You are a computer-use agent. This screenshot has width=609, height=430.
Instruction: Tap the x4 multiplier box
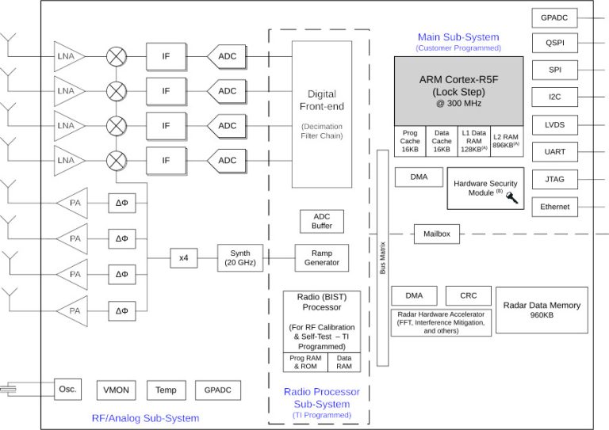[x=183, y=257]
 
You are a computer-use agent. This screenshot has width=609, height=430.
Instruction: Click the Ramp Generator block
[x=321, y=257]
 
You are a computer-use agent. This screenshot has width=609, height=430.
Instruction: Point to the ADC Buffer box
[x=321, y=221]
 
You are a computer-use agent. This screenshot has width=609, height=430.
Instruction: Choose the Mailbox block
[x=437, y=234]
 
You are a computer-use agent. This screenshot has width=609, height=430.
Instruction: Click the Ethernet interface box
[x=554, y=207]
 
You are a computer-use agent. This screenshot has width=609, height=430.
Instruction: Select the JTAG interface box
[x=554, y=179]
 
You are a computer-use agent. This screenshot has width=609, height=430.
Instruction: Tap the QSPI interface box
[x=554, y=43]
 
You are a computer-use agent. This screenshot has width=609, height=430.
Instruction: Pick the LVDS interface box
[x=554, y=124]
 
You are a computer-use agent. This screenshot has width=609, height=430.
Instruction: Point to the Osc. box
[x=67, y=389]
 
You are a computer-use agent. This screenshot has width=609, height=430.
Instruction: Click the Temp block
[x=166, y=390]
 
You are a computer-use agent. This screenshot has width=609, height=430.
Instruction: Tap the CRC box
[x=468, y=295]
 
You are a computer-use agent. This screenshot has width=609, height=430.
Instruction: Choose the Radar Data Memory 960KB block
[x=542, y=310]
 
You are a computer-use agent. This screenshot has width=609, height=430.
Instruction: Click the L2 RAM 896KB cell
[x=507, y=140]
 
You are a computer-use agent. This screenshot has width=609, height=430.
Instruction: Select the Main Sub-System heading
[x=458, y=37]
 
